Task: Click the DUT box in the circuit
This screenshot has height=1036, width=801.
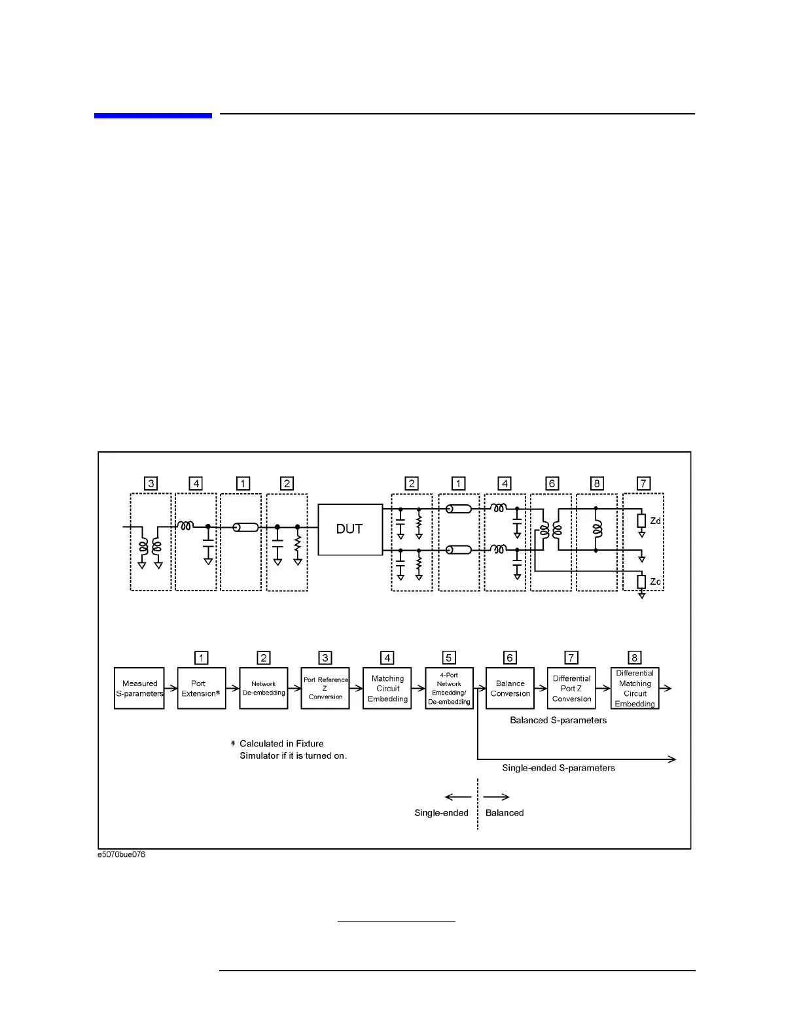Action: pos(350,529)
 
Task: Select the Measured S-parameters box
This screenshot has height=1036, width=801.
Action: pos(139,688)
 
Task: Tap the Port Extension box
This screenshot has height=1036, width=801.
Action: pos(202,688)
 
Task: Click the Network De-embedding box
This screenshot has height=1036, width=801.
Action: pos(264,688)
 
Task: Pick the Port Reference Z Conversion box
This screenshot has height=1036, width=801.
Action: pos(325,688)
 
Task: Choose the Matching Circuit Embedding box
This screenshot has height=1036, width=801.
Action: pos(387,688)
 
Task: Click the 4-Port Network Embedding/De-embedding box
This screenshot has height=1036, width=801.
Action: pos(449,688)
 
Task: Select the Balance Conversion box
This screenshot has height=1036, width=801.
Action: pos(510,688)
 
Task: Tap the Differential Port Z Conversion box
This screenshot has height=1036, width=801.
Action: pos(571,688)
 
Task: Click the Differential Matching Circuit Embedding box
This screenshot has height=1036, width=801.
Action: pos(635,688)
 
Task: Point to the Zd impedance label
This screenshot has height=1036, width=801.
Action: pos(655,521)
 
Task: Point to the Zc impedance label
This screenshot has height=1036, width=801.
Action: pos(655,581)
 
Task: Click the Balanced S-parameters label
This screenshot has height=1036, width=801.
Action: pos(558,720)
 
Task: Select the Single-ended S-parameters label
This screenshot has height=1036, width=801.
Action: pos(558,768)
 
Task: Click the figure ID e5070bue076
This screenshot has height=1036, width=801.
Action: pos(122,855)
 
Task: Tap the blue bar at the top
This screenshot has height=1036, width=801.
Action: pos(152,116)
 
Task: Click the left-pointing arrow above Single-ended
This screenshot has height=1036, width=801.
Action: pos(458,797)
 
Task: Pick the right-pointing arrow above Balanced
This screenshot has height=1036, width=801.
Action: pos(497,797)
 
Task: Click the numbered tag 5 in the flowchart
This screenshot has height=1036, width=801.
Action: pos(449,658)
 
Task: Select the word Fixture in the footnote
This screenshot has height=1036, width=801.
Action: pos(310,744)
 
